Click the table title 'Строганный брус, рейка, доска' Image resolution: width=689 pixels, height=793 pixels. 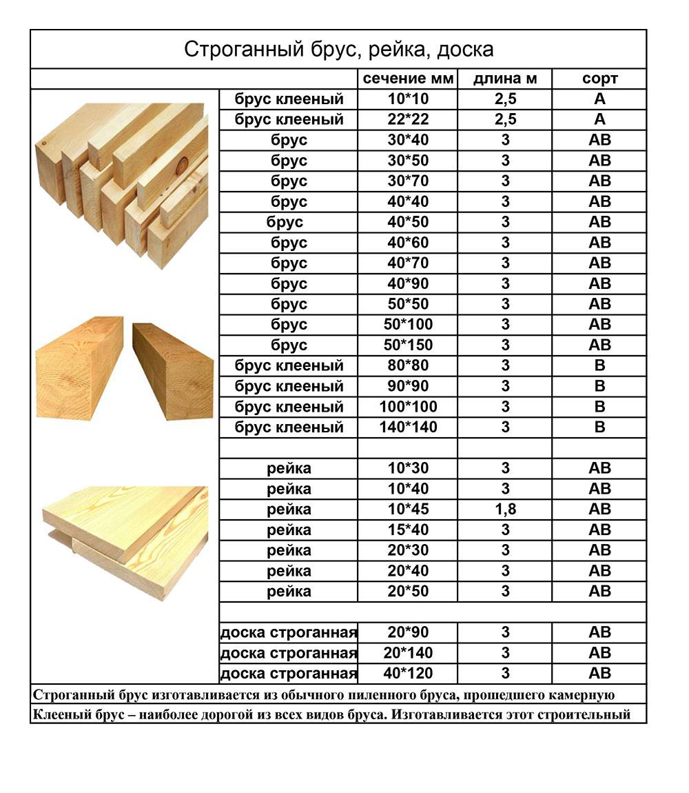click(x=338, y=50)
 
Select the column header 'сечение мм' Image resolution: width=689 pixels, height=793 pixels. click(x=408, y=79)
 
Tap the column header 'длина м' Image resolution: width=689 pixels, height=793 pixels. click(x=505, y=79)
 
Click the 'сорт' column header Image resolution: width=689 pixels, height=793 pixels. click(x=599, y=79)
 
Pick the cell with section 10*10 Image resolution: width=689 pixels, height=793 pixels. click(x=408, y=99)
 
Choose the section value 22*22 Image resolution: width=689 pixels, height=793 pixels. click(x=408, y=120)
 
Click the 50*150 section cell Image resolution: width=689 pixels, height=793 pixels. click(x=408, y=345)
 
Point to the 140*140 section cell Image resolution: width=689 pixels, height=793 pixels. click(x=408, y=428)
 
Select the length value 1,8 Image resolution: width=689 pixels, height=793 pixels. click(x=505, y=510)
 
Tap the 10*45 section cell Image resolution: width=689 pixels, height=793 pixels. click(x=408, y=510)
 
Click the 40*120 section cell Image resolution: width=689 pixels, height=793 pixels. click(x=408, y=673)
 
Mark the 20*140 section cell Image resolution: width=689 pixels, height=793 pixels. click(x=408, y=653)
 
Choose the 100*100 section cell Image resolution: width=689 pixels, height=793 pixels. click(x=408, y=407)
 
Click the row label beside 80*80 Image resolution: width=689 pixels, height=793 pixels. click(x=289, y=365)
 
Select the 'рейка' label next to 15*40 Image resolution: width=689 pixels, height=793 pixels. click(x=289, y=530)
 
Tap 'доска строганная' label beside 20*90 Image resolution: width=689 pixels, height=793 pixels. click(x=289, y=632)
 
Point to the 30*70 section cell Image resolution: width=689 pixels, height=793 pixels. click(x=408, y=181)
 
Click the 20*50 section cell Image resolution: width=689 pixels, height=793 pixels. click(x=408, y=592)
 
